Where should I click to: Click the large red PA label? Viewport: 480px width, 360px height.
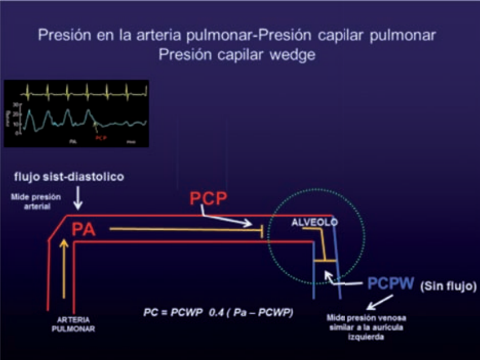tap(83, 230)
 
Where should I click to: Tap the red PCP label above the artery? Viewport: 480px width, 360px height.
tap(209, 199)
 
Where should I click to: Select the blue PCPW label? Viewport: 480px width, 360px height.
tap(391, 284)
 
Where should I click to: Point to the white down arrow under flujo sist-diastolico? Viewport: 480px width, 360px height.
tap(78, 200)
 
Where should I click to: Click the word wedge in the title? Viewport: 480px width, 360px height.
tap(296, 55)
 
